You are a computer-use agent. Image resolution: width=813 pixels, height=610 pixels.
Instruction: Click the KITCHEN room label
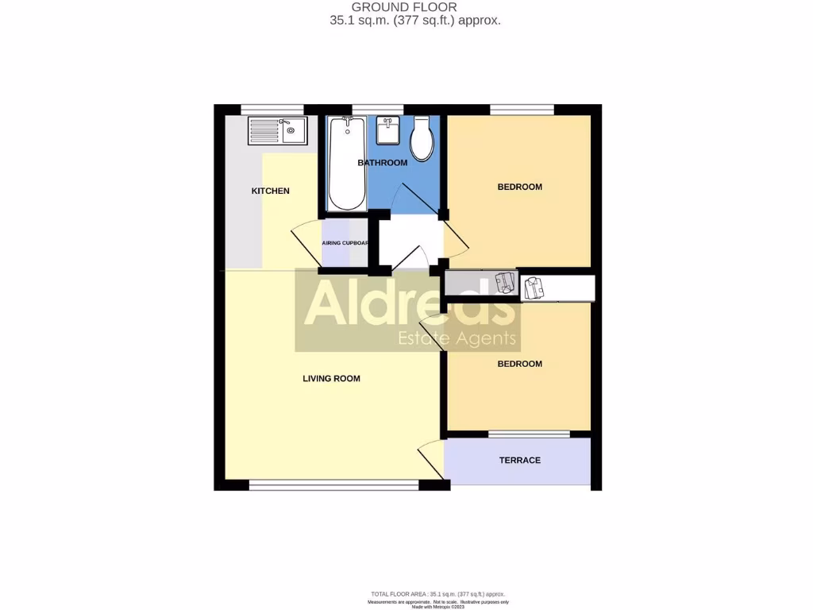[x=270, y=191]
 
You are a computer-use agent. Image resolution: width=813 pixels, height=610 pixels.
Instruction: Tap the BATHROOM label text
[x=382, y=163]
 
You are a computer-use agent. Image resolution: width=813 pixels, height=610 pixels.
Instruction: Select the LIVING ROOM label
[x=331, y=379]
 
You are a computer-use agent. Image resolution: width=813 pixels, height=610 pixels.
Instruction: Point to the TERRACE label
[x=519, y=460]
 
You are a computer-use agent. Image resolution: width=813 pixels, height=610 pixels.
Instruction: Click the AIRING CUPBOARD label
[x=345, y=243]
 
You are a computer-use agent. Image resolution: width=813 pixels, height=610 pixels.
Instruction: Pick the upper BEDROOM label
[x=519, y=187]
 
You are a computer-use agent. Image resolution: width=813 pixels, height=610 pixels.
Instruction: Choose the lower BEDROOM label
[x=519, y=364]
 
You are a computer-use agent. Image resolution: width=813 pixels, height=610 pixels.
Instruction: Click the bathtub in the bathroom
[x=347, y=163]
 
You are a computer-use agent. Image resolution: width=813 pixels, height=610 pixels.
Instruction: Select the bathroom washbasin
[x=388, y=130]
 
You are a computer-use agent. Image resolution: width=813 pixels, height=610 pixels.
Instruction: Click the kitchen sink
[x=276, y=130]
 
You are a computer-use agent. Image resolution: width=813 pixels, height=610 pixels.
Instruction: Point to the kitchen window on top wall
[x=272, y=110]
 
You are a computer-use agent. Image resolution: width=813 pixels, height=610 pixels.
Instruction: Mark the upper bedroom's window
[x=522, y=110]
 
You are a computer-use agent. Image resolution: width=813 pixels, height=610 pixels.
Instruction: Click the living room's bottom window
[x=333, y=485]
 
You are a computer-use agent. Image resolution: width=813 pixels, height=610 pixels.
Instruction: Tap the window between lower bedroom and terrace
[x=529, y=434]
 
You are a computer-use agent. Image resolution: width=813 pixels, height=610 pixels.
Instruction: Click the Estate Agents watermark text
[x=457, y=340]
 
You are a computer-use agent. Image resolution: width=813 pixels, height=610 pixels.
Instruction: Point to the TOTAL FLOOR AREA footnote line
[x=438, y=594]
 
